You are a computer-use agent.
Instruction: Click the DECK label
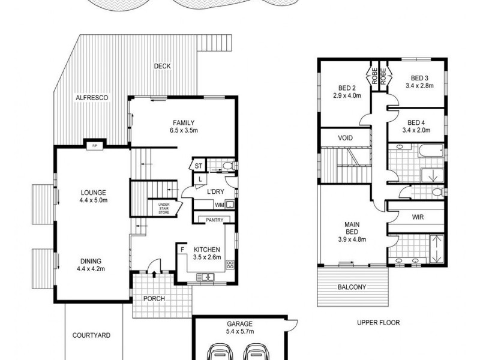[x=163, y=66]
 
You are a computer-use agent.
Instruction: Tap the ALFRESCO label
[x=91, y=97]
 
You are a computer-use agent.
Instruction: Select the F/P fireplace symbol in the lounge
[x=94, y=145]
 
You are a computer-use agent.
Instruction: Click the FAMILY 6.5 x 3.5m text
[x=184, y=127]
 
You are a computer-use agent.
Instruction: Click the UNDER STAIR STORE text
[x=164, y=208]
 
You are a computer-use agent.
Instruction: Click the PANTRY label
[x=214, y=220]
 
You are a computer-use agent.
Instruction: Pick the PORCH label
[x=154, y=299]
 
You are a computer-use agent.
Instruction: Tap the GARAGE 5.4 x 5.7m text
[x=239, y=326]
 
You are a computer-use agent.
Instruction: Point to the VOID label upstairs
[x=345, y=139]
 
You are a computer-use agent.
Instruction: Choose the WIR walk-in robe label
[x=418, y=216]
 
